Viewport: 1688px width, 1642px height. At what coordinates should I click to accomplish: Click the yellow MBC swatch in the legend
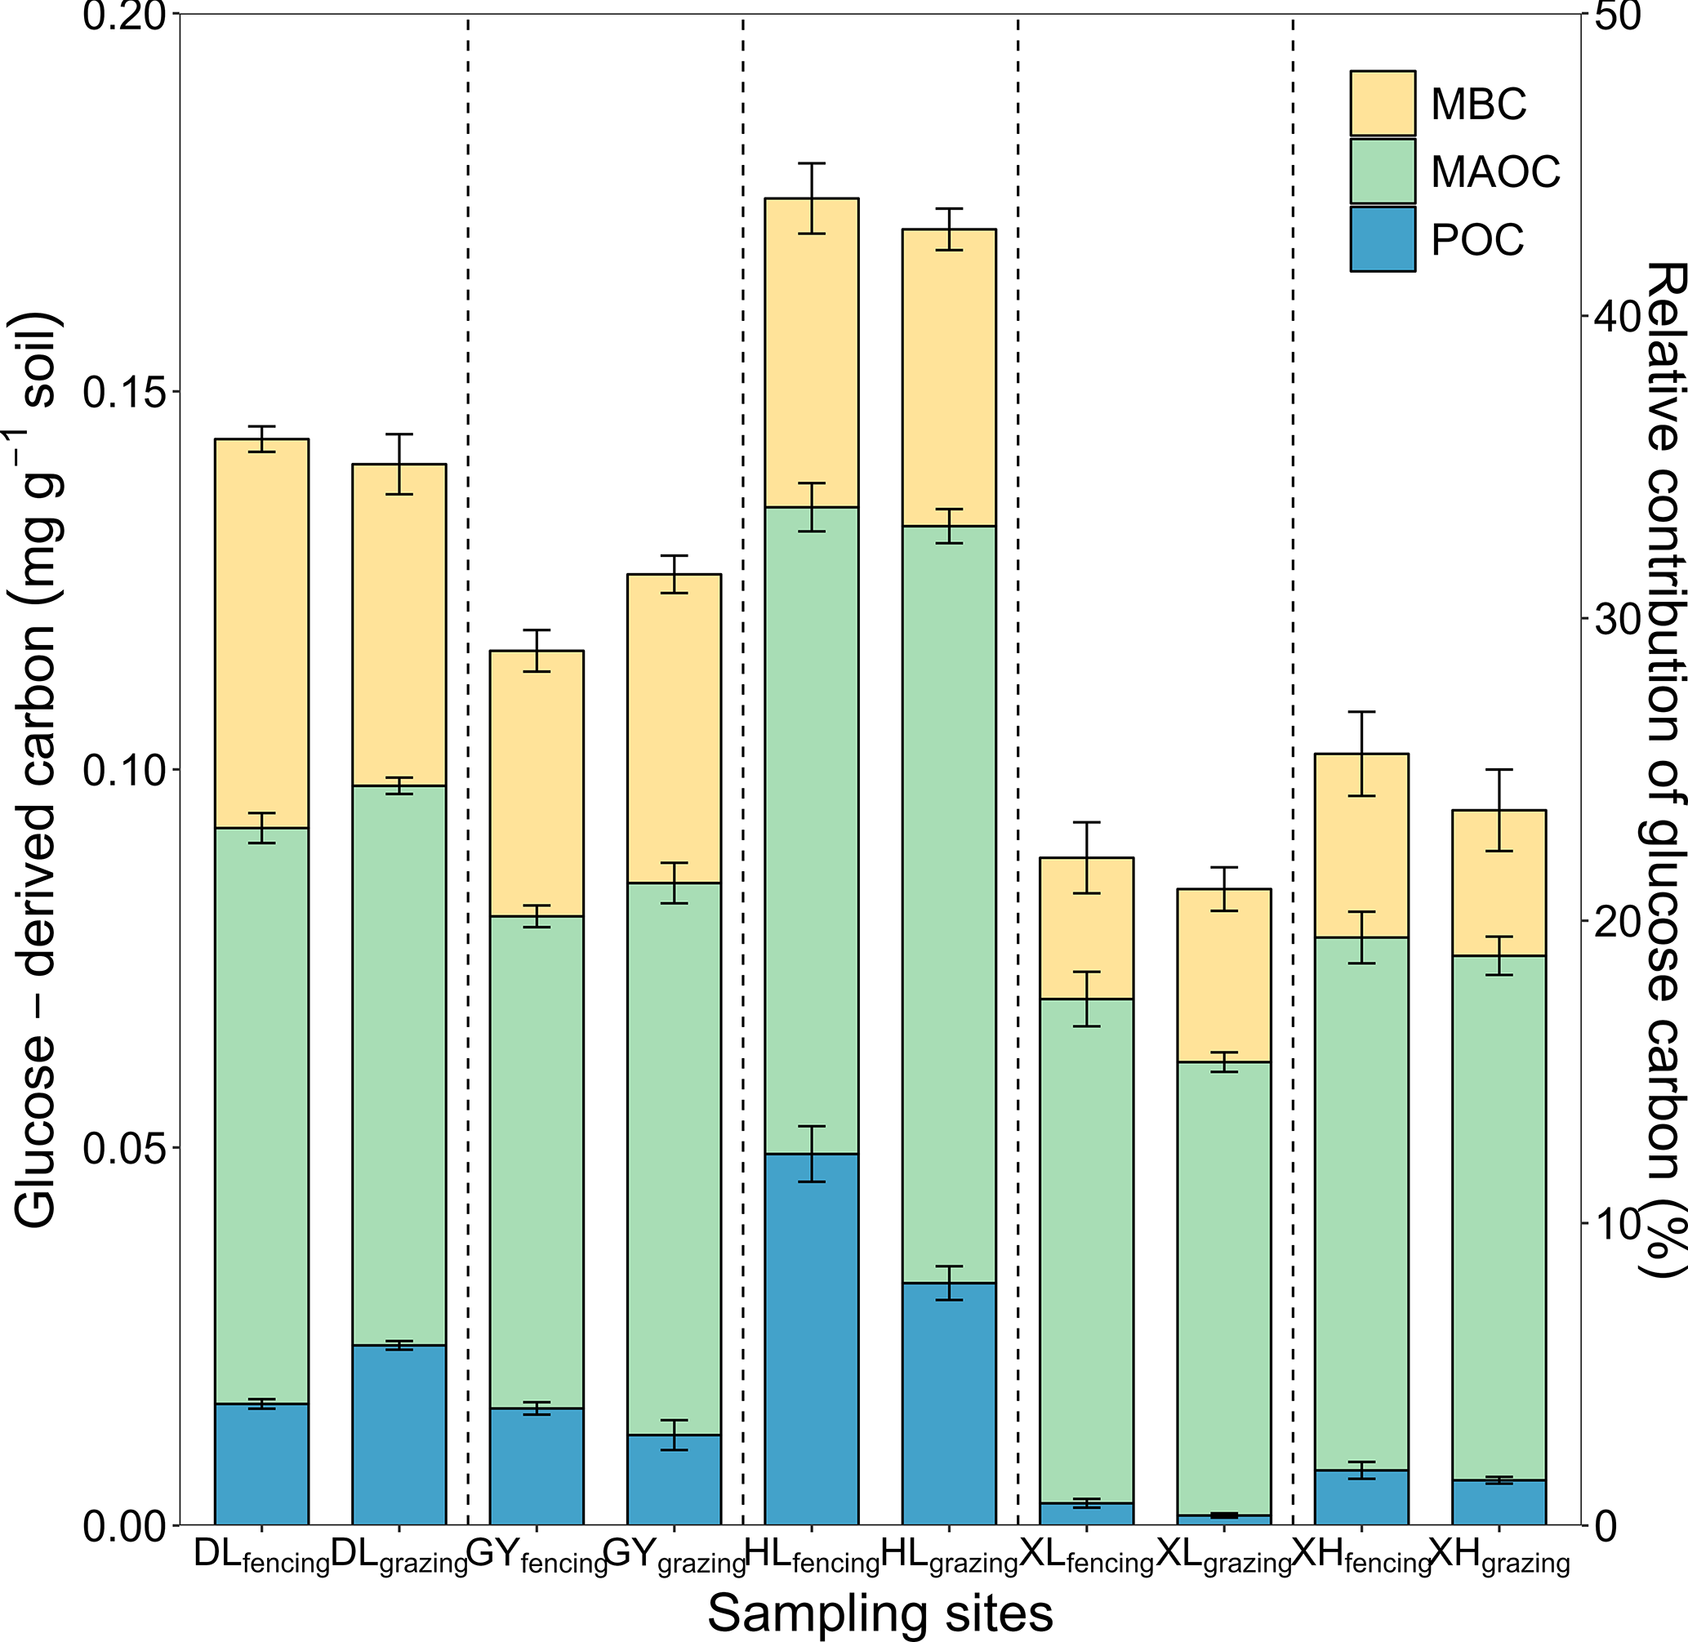1382,104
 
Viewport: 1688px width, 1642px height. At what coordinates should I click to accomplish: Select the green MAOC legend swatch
1382,171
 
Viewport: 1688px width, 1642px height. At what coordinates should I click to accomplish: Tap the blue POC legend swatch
1382,239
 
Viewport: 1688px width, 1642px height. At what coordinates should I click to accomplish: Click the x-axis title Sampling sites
880,1613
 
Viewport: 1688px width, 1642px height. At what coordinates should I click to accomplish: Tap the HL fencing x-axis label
811,1555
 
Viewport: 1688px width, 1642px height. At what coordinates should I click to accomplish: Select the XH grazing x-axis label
1499,1555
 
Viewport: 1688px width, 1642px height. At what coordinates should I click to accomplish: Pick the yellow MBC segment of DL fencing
261,634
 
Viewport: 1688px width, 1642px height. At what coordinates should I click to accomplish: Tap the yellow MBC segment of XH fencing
1361,845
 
